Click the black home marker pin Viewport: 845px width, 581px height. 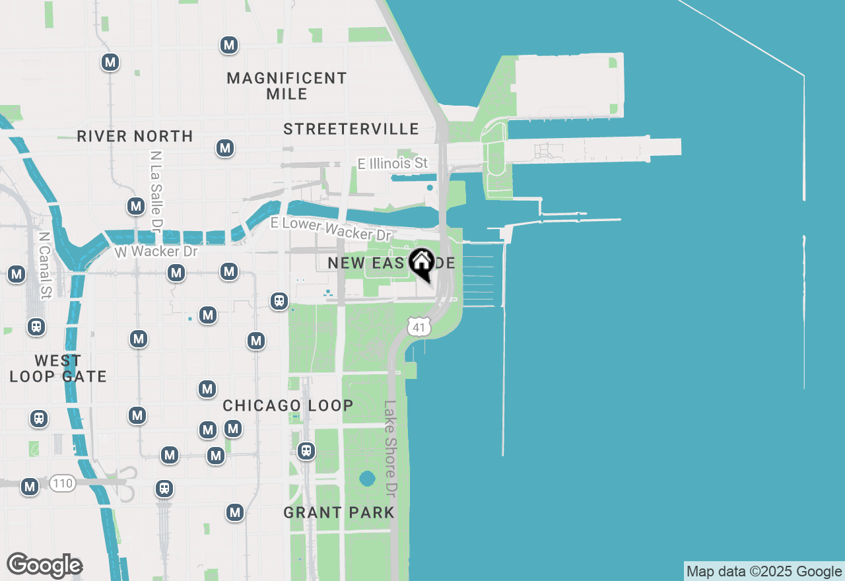(421, 263)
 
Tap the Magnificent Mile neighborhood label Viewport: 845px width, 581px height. (287, 86)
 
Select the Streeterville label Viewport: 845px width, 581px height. (351, 129)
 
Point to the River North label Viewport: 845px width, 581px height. (135, 136)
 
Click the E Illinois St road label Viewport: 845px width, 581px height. (392, 163)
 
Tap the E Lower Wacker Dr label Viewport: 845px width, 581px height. (331, 228)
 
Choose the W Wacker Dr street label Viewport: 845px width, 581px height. (156, 252)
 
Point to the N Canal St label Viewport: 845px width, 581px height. (44, 265)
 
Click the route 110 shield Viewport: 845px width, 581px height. (63, 483)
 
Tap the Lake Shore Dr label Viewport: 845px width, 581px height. (391, 450)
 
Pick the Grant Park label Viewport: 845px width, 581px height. (339, 512)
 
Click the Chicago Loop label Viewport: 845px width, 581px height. (288, 405)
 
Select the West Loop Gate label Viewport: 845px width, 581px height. (58, 368)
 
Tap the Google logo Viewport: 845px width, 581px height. (44, 565)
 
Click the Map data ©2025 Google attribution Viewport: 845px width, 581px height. (764, 572)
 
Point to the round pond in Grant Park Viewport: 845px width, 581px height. (368, 478)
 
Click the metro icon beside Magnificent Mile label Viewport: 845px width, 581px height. (228, 45)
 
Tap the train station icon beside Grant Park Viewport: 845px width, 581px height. (306, 451)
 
